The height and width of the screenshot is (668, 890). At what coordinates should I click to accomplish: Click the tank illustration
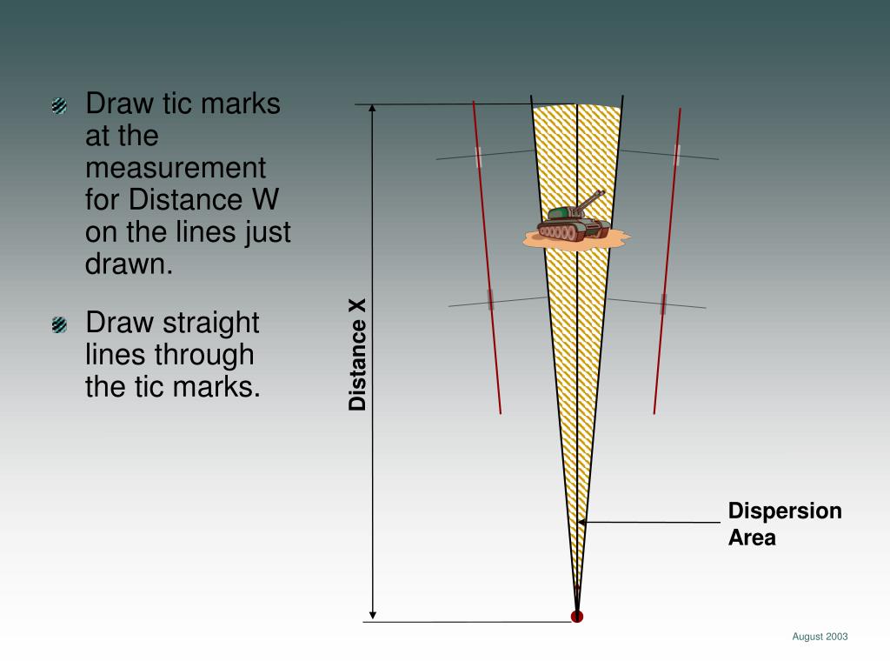click(574, 223)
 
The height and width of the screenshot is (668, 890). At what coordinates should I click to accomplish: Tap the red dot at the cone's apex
click(576, 617)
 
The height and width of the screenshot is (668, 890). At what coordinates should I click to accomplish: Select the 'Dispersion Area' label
click(784, 524)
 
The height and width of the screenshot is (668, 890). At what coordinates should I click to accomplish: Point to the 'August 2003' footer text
click(819, 637)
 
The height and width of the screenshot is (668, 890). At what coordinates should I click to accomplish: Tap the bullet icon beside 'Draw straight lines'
click(60, 325)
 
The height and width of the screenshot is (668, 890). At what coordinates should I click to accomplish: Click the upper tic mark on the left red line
click(479, 157)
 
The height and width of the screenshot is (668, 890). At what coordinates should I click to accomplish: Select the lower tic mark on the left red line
click(490, 299)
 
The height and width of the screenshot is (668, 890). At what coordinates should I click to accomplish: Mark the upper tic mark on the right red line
click(676, 155)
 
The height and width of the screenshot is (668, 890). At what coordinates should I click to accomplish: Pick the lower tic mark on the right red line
click(663, 304)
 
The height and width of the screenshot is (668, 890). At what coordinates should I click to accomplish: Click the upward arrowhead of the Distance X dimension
click(372, 110)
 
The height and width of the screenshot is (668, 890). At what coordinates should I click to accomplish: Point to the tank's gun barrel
click(590, 199)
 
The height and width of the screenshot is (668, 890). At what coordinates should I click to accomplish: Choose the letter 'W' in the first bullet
click(265, 199)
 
